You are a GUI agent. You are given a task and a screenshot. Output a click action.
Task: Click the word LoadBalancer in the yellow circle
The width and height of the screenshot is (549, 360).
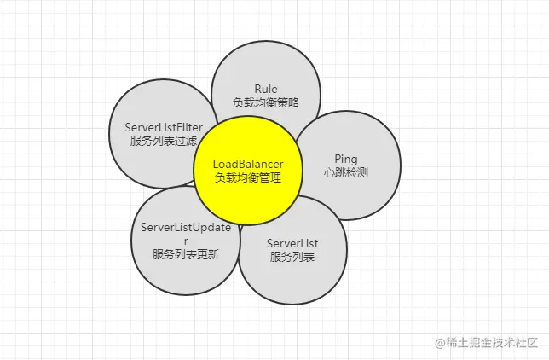point(247,163)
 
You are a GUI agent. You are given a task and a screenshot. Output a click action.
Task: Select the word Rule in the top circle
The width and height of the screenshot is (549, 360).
point(266,89)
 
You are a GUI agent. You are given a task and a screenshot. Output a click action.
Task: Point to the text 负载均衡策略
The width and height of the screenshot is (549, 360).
point(266,102)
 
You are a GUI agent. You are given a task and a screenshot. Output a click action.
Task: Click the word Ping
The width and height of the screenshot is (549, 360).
point(345,159)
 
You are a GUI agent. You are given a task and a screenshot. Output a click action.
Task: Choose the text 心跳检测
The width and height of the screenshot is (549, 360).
point(345,172)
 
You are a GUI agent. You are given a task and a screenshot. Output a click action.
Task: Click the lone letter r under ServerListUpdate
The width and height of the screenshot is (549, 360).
point(186,241)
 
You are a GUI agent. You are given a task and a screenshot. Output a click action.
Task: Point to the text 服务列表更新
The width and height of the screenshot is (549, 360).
point(186,254)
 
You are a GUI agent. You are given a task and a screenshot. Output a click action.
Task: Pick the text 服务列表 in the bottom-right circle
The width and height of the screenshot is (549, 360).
point(292,257)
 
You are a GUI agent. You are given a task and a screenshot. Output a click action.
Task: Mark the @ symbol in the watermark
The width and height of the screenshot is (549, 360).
point(441,342)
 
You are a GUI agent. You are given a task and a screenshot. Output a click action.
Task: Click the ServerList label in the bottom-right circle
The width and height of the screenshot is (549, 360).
point(292,244)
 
